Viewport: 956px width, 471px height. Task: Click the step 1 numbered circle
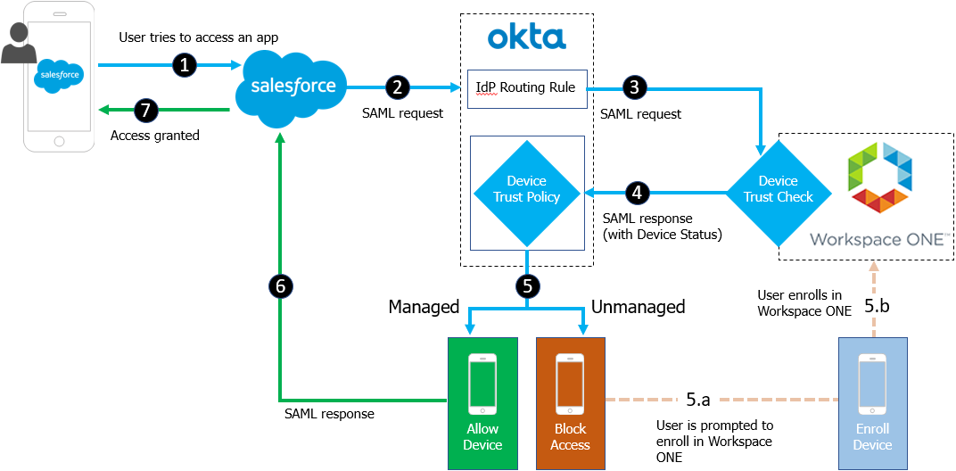pyautogui.click(x=184, y=64)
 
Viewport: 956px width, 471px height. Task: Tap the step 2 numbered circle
pyautogui.click(x=398, y=87)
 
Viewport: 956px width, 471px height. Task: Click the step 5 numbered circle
pyautogui.click(x=527, y=286)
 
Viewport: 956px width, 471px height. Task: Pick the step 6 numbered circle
pyautogui.click(x=280, y=286)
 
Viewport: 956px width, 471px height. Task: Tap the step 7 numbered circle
pyautogui.click(x=146, y=110)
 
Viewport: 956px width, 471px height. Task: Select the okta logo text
pyautogui.click(x=527, y=37)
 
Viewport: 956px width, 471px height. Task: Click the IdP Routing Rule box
pyautogui.click(x=527, y=88)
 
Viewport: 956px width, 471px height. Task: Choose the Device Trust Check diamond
pyautogui.click(x=779, y=189)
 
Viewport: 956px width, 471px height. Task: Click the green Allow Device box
pyautogui.click(x=482, y=402)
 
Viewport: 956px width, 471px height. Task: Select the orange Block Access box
pyautogui.click(x=571, y=402)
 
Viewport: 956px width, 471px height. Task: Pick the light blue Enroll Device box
pyautogui.click(x=872, y=402)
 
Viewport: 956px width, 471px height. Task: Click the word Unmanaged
pyautogui.click(x=639, y=307)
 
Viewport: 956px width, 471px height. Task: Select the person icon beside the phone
pyautogui.click(x=18, y=42)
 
